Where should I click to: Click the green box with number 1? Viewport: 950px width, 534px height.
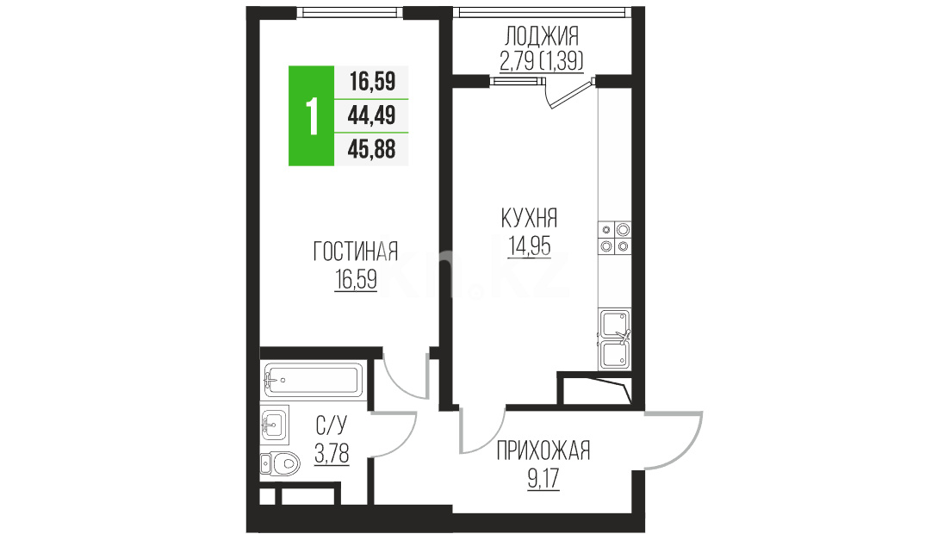point(311,115)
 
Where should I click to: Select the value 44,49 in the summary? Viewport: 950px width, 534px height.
point(371,115)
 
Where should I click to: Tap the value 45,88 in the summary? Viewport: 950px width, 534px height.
point(371,149)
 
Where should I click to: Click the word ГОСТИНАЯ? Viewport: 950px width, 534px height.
point(356,251)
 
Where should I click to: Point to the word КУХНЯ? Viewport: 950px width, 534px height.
point(530,218)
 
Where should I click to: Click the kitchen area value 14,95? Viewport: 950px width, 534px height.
point(530,246)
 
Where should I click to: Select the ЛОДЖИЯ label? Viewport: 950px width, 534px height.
point(542,36)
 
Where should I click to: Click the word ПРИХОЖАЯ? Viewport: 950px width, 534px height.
point(543,451)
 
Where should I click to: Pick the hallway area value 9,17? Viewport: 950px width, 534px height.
point(543,479)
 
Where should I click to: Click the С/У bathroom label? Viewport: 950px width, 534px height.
point(332,425)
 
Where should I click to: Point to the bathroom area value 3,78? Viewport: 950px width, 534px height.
point(332,453)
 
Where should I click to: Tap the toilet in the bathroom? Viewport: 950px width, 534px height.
point(281,464)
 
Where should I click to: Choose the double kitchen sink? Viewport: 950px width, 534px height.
point(615,339)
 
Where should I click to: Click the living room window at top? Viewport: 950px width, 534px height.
point(351,12)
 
